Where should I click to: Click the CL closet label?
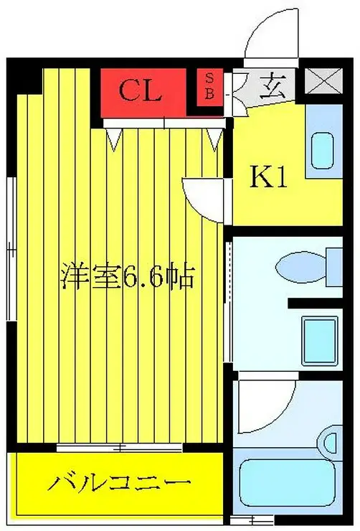click(x=141, y=90)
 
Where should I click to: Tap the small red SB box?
click(x=210, y=85)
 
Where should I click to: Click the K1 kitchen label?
click(x=268, y=177)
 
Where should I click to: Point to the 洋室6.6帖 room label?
click(x=128, y=275)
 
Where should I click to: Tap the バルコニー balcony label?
click(x=120, y=482)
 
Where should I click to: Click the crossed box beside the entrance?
click(x=326, y=81)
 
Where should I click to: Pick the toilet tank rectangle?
click(x=334, y=263)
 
